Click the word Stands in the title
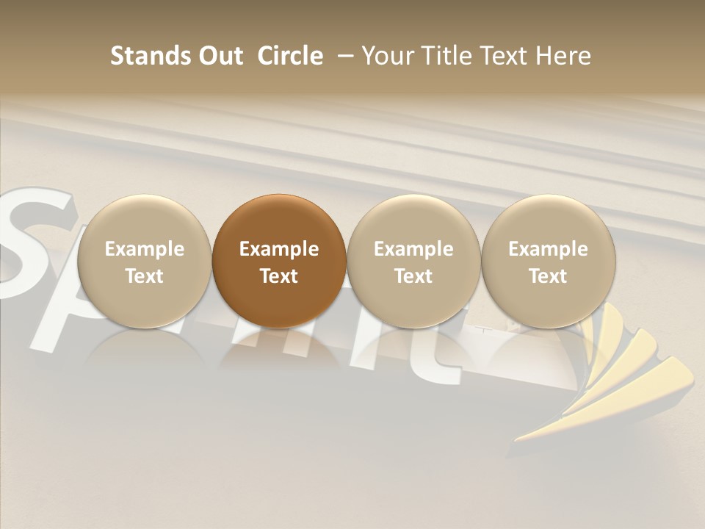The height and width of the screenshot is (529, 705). [x=146, y=56]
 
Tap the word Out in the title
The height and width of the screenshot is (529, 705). [x=218, y=56]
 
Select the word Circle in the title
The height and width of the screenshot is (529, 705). [x=290, y=56]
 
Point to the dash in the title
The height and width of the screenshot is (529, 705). [x=343, y=56]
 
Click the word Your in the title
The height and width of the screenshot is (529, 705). [x=388, y=56]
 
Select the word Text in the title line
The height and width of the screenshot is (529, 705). [x=506, y=56]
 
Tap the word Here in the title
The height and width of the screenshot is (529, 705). [x=563, y=56]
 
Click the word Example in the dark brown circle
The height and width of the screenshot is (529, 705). [x=279, y=249]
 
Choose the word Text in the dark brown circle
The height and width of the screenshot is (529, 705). [x=279, y=276]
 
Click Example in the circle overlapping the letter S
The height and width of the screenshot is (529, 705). [x=145, y=249]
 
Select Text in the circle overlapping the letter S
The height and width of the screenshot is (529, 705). [x=145, y=276]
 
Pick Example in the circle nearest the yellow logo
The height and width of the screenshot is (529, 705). [x=548, y=249]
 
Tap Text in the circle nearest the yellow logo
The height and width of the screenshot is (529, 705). [x=548, y=276]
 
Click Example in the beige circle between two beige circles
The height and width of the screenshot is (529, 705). [x=413, y=249]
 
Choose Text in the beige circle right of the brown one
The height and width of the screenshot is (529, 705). [x=413, y=276]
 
